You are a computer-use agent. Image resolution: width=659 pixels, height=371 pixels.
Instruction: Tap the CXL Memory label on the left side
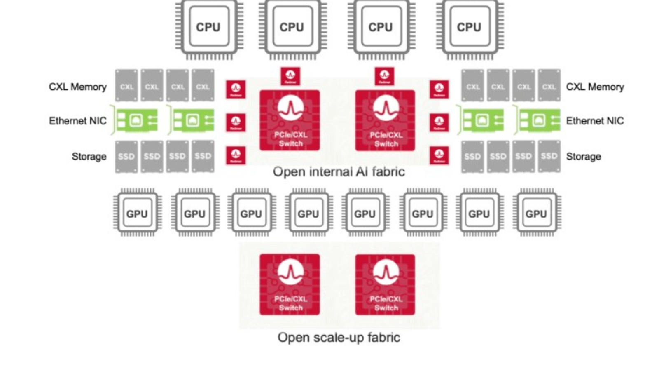[x=77, y=87]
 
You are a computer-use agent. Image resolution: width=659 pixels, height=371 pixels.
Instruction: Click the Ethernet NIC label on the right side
[x=595, y=121]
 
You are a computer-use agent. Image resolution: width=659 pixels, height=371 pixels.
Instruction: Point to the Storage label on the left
[x=89, y=157]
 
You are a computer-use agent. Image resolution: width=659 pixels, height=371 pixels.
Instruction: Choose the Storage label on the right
[x=583, y=157]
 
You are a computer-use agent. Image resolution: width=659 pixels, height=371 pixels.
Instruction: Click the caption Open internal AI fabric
[x=339, y=171]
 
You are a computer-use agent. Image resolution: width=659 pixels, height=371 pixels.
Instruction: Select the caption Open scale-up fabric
[x=339, y=338]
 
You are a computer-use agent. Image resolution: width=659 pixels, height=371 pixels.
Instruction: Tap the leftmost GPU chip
[x=137, y=213]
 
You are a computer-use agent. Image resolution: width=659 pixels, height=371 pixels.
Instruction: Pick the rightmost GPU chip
[x=536, y=213]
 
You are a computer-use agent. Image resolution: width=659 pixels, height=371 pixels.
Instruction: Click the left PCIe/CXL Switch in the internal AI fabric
[x=290, y=120]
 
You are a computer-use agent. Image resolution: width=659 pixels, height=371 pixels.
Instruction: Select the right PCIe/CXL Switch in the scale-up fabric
[x=385, y=284]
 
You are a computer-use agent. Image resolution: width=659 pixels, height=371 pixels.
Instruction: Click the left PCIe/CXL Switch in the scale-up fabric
[x=290, y=284]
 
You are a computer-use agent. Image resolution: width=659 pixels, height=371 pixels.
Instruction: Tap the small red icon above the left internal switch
[x=290, y=76]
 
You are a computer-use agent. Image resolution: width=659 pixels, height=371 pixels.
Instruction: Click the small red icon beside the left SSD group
[x=236, y=155]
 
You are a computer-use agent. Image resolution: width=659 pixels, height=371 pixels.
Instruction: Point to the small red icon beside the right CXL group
[x=439, y=89]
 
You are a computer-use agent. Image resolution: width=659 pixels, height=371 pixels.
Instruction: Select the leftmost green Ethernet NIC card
[x=136, y=121]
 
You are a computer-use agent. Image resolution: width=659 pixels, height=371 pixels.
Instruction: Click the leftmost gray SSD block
[x=126, y=156]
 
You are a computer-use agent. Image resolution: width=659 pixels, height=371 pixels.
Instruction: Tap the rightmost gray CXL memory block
[x=549, y=86]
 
